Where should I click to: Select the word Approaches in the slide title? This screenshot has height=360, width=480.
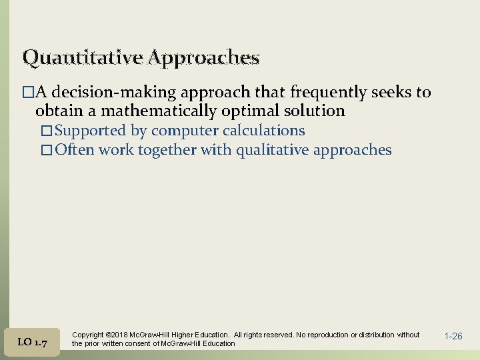pos(204,59)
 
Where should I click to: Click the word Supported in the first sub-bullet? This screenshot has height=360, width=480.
pos(91,131)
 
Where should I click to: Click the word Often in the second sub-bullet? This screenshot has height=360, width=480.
pos(75,150)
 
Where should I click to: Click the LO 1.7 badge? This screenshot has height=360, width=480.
pos(32,342)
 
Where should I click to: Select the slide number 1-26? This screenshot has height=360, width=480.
pos(453,337)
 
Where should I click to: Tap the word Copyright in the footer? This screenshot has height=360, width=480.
pos(87,335)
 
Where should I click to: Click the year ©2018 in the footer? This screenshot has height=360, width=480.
pos(118,335)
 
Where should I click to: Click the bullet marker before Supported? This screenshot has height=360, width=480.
pos(49,131)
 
